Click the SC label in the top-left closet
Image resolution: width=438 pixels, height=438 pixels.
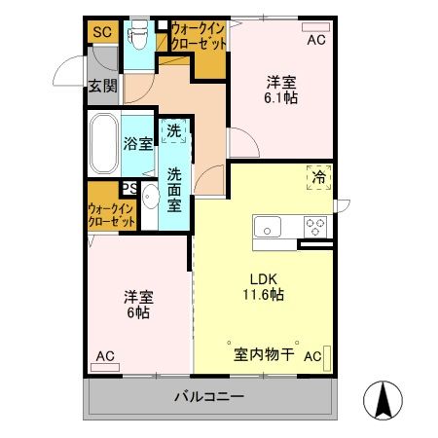(x=101, y=31)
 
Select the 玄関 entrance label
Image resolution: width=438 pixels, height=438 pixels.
(x=101, y=86)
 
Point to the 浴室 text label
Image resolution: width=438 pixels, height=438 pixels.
(x=137, y=144)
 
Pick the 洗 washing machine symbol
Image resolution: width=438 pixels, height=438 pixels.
(x=172, y=130)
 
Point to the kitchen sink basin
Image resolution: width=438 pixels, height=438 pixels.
(x=267, y=227)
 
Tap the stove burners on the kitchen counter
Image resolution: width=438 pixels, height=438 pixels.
(x=315, y=226)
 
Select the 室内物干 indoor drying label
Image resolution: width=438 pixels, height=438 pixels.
(x=263, y=354)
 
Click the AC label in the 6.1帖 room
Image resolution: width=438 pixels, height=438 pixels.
(x=315, y=41)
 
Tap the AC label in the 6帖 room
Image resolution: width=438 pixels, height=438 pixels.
(x=104, y=356)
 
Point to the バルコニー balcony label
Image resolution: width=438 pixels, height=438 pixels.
(x=209, y=397)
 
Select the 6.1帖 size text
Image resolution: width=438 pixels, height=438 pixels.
(x=282, y=97)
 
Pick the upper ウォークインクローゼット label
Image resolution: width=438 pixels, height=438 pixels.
(x=199, y=37)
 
